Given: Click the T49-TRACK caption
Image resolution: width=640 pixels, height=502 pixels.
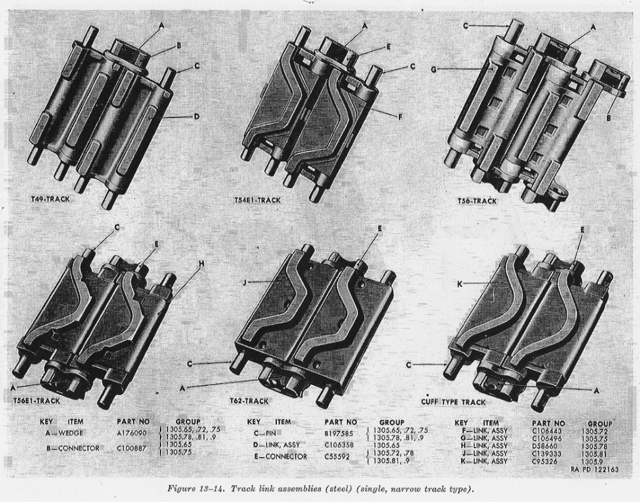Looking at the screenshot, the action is (51, 199).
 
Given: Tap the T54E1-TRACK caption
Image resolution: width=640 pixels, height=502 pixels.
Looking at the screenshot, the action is (257, 200).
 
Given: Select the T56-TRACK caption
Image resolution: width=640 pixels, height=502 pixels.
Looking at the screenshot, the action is (477, 201).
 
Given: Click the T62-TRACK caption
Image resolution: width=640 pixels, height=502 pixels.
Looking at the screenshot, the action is (249, 401).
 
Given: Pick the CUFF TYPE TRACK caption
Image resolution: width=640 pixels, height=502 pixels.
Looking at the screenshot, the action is (453, 402).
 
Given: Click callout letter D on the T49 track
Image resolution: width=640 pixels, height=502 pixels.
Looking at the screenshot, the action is (196, 117).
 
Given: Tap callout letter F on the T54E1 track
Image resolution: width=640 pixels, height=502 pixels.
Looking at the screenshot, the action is (401, 117).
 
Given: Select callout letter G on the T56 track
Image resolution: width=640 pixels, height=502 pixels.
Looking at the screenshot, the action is (434, 70).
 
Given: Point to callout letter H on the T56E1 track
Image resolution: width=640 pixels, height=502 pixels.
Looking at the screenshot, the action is (201, 264).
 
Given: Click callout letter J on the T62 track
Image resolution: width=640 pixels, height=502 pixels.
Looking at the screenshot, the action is (244, 281).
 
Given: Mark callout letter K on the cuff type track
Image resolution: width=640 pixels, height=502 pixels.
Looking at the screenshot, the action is (460, 284).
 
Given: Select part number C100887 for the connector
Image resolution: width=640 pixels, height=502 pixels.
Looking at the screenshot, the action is (131, 448).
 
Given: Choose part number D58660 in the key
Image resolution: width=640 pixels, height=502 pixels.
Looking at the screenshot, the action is (545, 446).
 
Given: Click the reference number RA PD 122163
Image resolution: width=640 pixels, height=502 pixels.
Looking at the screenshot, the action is (594, 469).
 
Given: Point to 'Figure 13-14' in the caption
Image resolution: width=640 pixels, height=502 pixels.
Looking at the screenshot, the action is (196, 489).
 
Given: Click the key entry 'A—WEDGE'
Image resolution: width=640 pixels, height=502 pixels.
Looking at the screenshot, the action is (64, 433).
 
